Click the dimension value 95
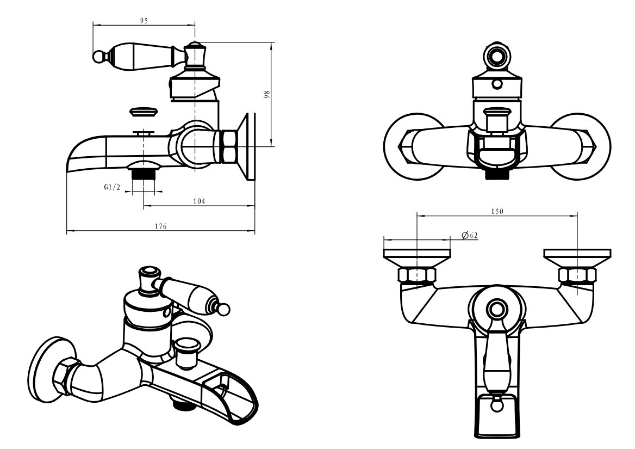(x=144, y=20)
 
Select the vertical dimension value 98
(x=266, y=95)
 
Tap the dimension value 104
(x=199, y=201)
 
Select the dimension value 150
(x=497, y=211)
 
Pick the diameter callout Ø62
(x=469, y=235)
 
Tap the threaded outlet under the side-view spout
(x=144, y=174)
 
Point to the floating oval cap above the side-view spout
(x=144, y=113)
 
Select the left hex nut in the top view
(x=416, y=275)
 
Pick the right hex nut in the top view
(x=577, y=275)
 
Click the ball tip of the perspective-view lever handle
(x=222, y=310)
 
